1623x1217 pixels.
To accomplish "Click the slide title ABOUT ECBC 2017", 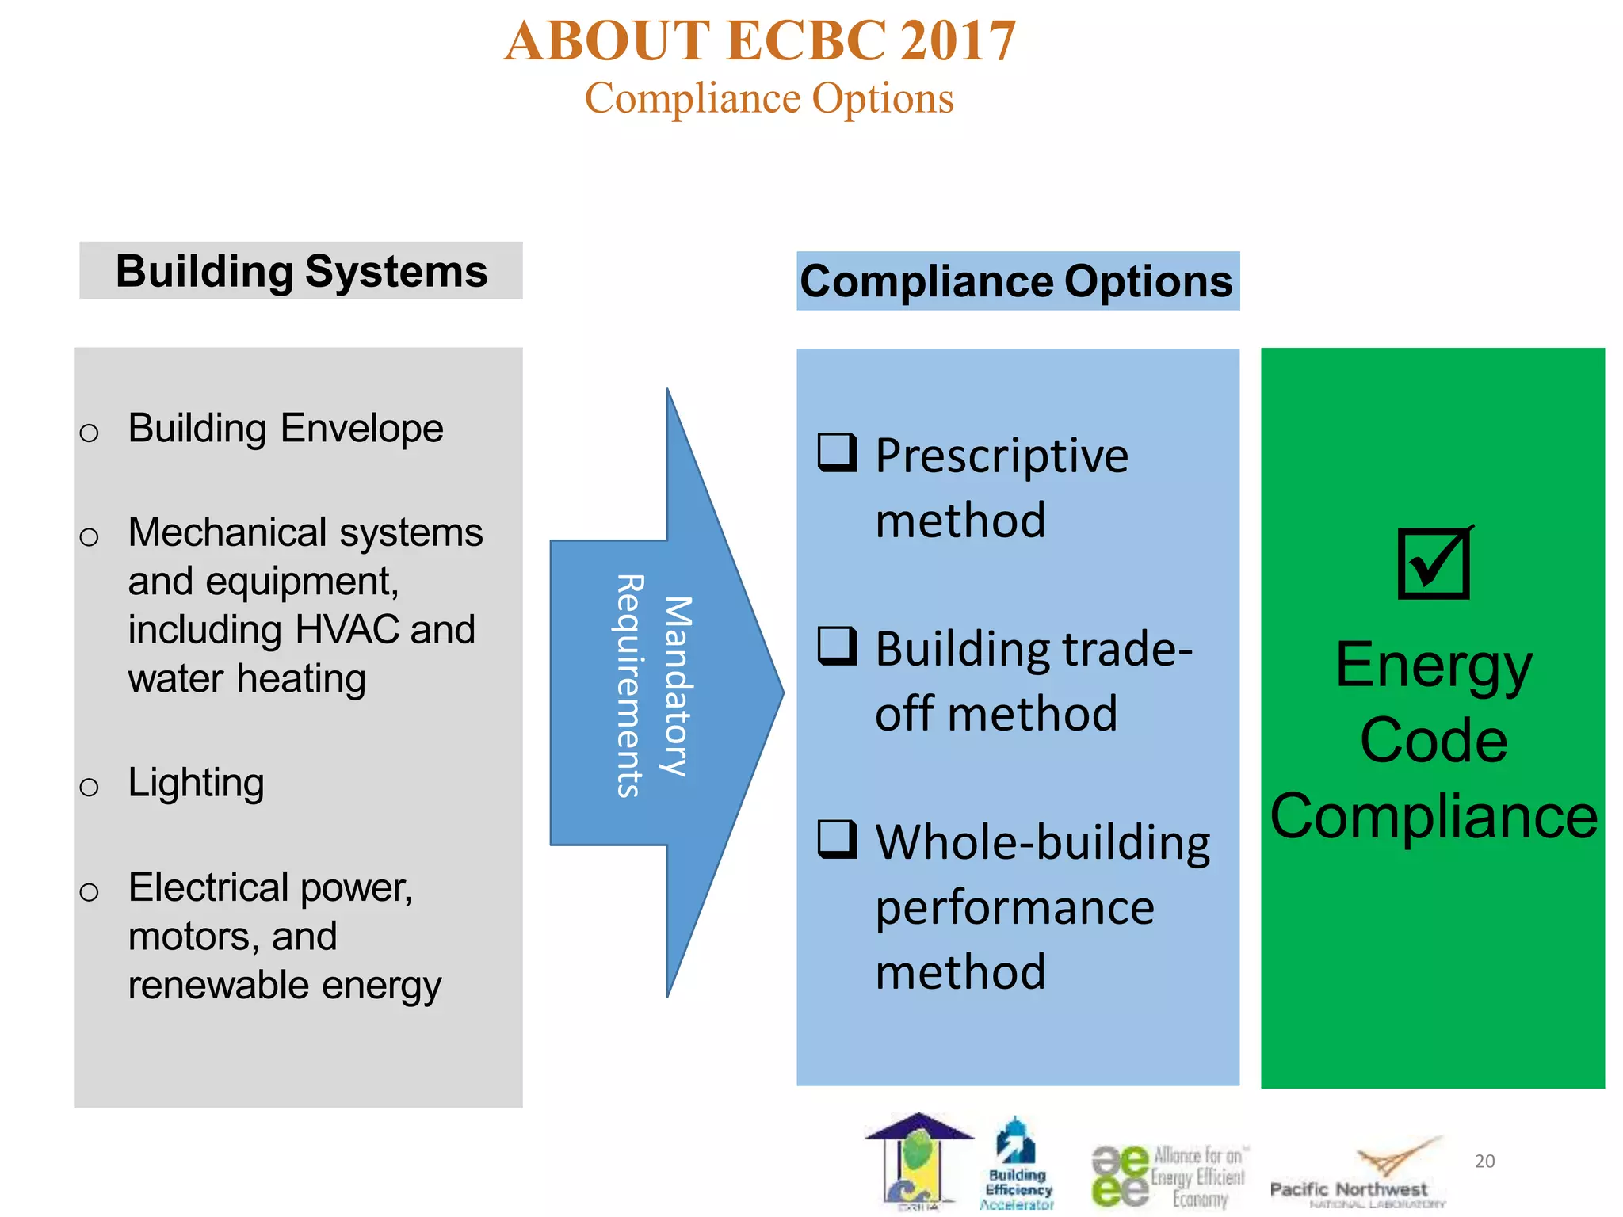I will pos(760,41).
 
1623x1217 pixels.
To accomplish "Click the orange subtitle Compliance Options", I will pos(769,99).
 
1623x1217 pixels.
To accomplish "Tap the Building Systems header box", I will pos(301,271).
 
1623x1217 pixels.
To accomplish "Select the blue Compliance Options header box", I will pos(1017,281).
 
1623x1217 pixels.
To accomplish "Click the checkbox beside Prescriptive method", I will pos(837,452).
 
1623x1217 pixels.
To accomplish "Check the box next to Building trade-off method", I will pos(837,646).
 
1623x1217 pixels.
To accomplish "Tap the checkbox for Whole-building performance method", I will pos(837,839).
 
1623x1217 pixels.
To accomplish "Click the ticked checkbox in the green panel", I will pos(1434,563).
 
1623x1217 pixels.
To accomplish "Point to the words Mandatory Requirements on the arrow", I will pos(654,686).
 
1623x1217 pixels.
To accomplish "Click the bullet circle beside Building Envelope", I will pos(90,433).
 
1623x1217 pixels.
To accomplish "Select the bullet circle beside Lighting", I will pos(90,787).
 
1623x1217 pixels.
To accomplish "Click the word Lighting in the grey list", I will pos(196,784).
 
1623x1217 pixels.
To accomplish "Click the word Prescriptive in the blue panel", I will pos(1001,456).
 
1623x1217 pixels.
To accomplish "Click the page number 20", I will pos(1484,1162).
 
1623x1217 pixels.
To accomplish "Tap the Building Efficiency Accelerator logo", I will pos(1018,1165).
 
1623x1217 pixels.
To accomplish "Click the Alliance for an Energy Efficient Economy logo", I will pos(1168,1176).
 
